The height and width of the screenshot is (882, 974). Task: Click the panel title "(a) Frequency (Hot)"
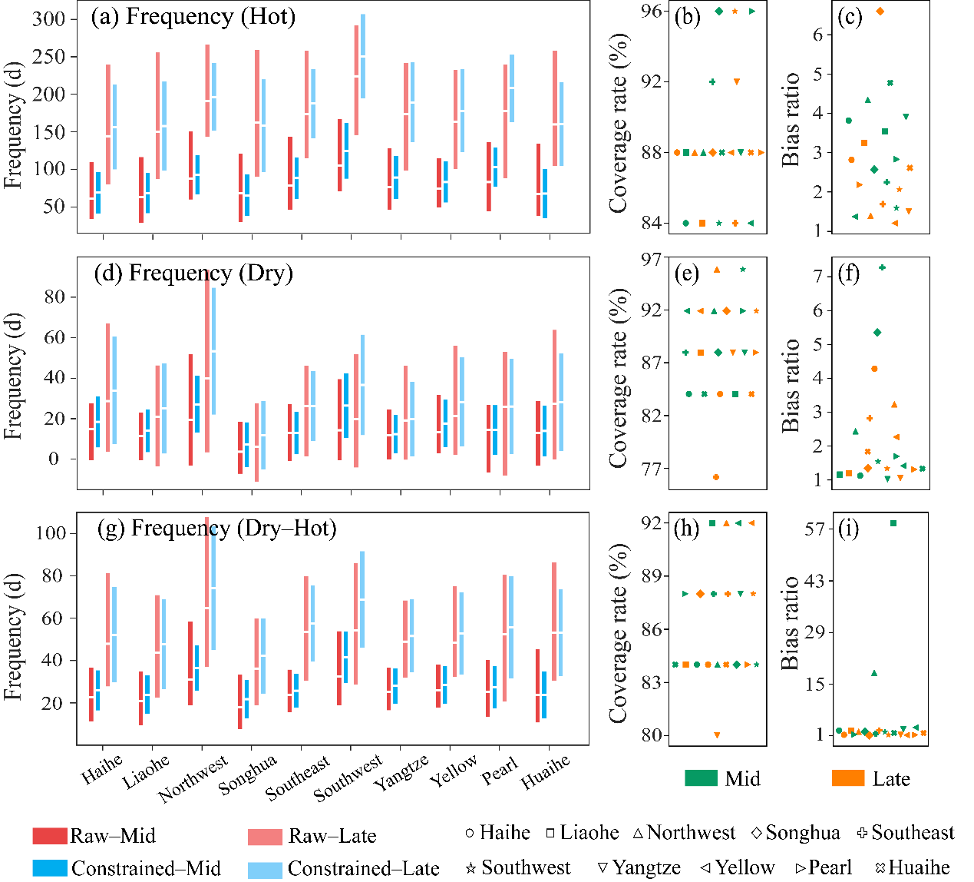click(x=193, y=17)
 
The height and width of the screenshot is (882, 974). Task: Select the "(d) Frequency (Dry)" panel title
click(x=193, y=274)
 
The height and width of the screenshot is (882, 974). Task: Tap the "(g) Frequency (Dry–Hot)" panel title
click(x=217, y=529)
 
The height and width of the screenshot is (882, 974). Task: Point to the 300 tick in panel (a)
click(x=49, y=19)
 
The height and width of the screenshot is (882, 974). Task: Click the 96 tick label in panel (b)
click(x=652, y=12)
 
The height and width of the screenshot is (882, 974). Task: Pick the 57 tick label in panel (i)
click(x=814, y=529)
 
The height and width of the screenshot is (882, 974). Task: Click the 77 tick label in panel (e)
click(x=652, y=469)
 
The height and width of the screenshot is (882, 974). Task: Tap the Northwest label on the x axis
click(x=193, y=778)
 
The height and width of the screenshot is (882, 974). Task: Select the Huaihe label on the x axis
click(x=546, y=771)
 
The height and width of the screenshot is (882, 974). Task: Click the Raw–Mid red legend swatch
click(x=50, y=836)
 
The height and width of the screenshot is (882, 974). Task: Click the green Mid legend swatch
click(x=701, y=778)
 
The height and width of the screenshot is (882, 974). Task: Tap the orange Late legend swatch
click(x=848, y=778)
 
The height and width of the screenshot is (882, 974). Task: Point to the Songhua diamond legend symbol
click(x=756, y=833)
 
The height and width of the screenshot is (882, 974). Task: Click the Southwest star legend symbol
click(x=471, y=868)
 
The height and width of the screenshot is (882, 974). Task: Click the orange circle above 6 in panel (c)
click(x=880, y=12)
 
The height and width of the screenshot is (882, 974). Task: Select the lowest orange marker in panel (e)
click(x=716, y=477)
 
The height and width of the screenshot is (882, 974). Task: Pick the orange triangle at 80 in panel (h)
click(x=717, y=735)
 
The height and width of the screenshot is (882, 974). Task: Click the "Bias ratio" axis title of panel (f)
click(x=791, y=386)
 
